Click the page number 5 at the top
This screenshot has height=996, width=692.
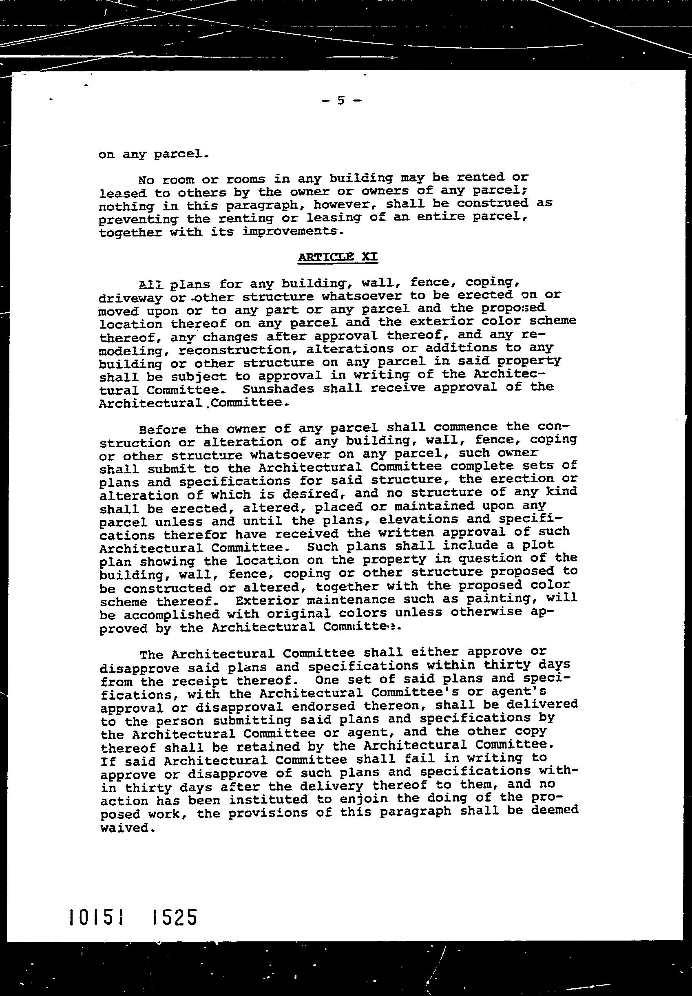tap(341, 101)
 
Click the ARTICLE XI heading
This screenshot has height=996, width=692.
tap(338, 257)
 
